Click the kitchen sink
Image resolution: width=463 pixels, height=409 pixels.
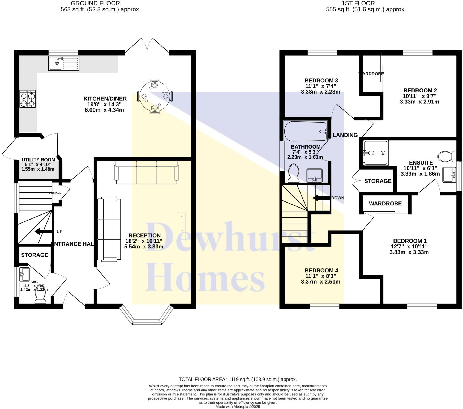(63, 63)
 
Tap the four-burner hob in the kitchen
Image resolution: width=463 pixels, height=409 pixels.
(28, 99)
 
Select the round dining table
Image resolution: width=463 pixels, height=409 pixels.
(155, 96)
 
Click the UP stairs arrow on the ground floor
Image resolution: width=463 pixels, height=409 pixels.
(43, 231)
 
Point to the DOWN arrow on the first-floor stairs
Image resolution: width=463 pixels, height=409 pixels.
(321, 198)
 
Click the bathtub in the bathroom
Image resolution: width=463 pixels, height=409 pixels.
(305, 132)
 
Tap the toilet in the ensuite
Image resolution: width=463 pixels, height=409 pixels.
(447, 157)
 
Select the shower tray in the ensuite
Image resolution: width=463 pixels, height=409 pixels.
(375, 153)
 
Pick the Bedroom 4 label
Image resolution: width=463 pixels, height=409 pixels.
(321, 271)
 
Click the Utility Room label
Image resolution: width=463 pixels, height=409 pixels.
(38, 160)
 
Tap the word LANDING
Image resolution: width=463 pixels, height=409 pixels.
(345, 135)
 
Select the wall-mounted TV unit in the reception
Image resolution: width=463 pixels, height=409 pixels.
(181, 225)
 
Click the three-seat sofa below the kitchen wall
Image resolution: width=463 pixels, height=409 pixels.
(146, 172)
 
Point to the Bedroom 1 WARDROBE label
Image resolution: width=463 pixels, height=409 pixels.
(385, 204)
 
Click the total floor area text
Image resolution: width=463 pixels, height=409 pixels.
(238, 379)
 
